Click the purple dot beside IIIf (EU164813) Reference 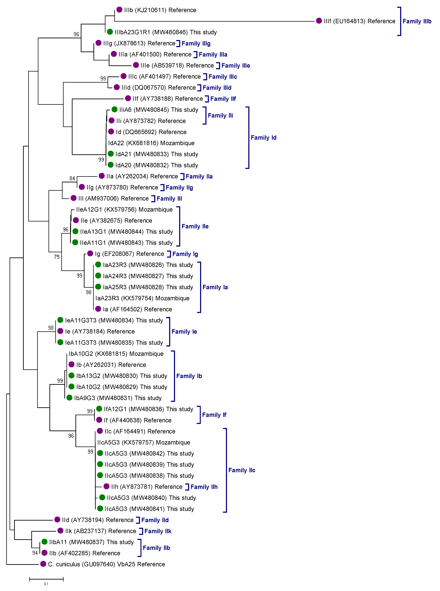pyautogui.click(x=319, y=21)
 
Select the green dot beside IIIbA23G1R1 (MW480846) pyautogui.click(x=110, y=32)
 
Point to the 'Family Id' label pyautogui.click(x=263, y=138)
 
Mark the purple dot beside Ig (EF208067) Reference pyautogui.click(x=90, y=253)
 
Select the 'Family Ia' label pyautogui.click(x=215, y=287)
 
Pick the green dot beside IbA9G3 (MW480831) pyautogui.click(x=70, y=398)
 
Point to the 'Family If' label pyautogui.click(x=214, y=415)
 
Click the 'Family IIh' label pyautogui.click(x=204, y=487)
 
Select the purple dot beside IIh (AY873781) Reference pyautogui.click(x=107, y=487)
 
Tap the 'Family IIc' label pyautogui.click(x=242, y=470)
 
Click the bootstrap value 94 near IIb pyautogui.click(x=35, y=553)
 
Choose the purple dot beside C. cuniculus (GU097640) pyautogui.click(x=43, y=564)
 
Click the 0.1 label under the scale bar pyautogui.click(x=46, y=584)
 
